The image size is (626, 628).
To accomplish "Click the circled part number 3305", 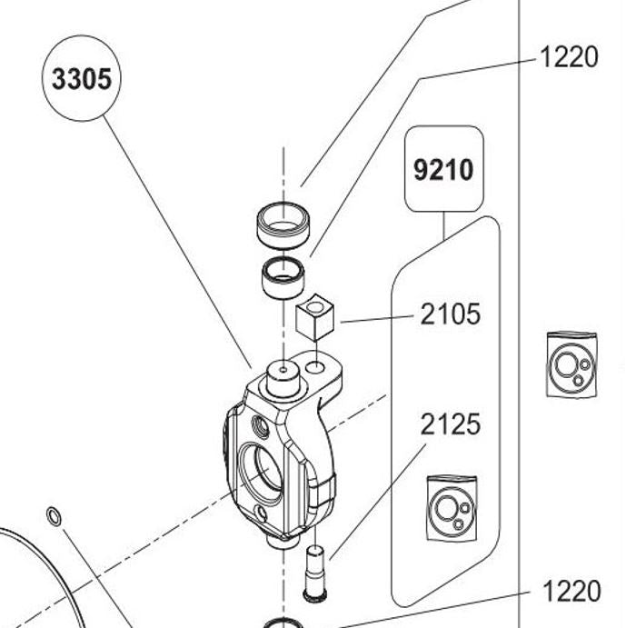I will pos(82,79).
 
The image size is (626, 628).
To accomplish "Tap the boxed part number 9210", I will pos(443,169).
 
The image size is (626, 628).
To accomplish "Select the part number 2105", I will pos(450,314).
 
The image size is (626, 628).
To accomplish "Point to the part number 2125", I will pos(450,424).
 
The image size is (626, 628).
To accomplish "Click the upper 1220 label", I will pos(569,57).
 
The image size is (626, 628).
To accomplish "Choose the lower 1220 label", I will pos(571,592).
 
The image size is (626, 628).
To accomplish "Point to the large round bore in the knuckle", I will pos(261,470).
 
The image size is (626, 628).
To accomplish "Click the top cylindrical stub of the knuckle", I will pos(283,377).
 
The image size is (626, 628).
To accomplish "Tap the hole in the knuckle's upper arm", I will pos(315,367).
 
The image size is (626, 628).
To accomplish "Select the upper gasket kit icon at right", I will pos(572,364).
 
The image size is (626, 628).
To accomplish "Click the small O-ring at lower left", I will pos(54,517).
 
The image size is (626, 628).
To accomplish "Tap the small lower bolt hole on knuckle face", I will pos(263,513).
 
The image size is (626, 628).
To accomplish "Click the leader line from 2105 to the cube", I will pos(377,318).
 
